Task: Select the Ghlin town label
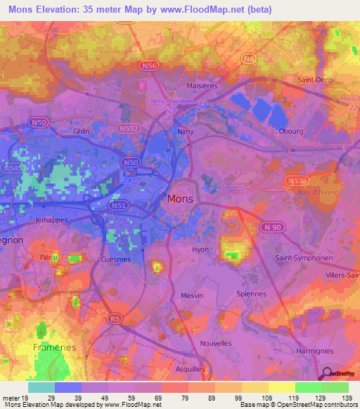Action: tap(82, 131)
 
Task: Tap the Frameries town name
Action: tap(53, 347)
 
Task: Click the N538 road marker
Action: tap(295, 181)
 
